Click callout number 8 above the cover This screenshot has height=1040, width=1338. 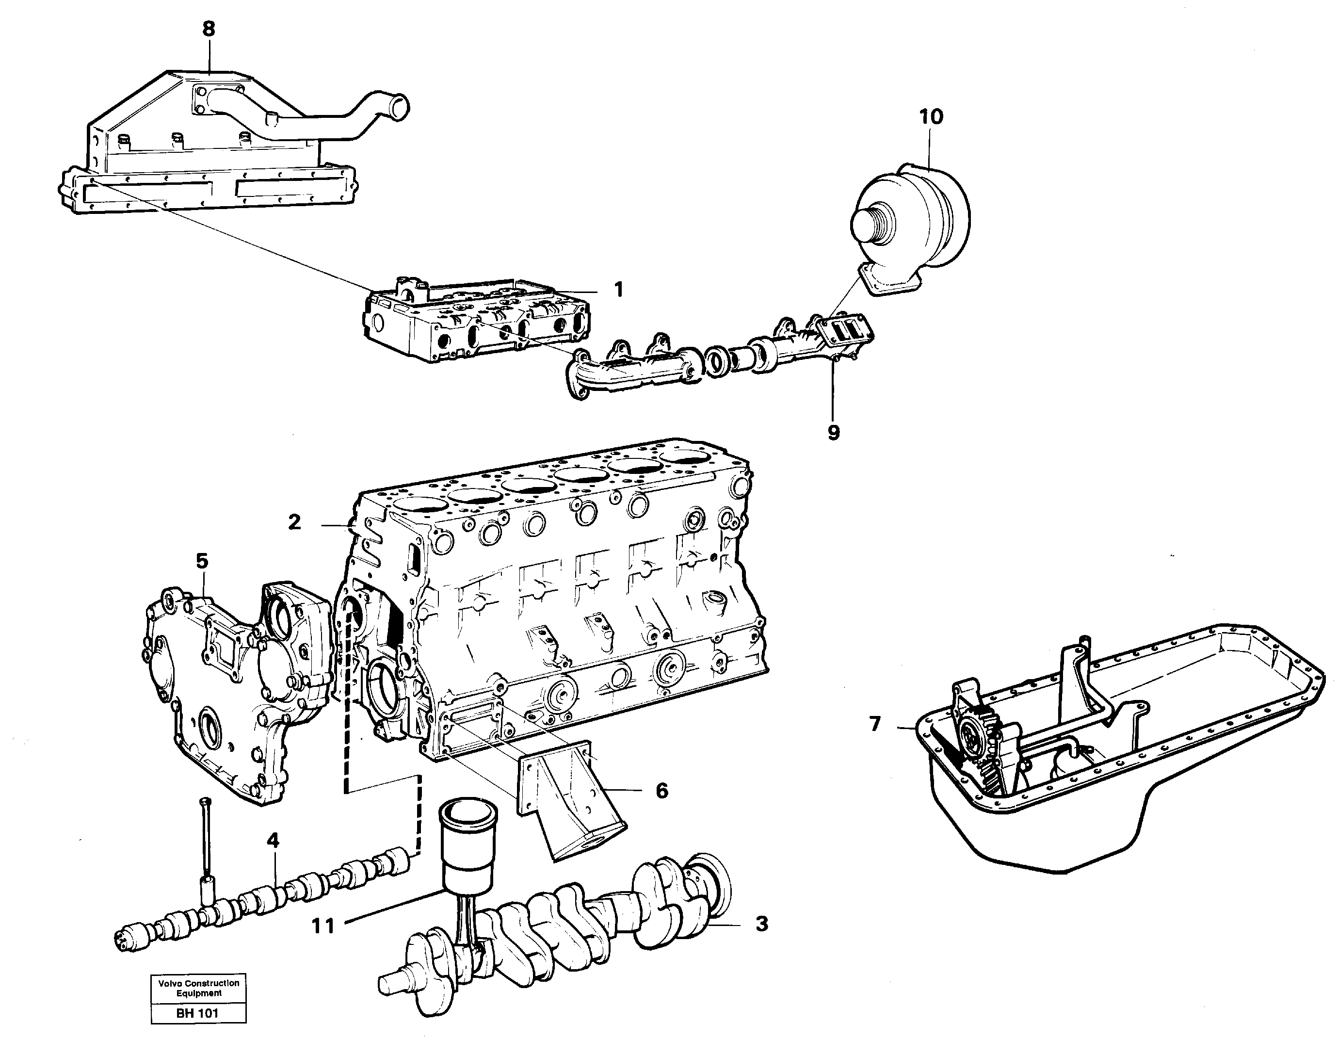point(209,29)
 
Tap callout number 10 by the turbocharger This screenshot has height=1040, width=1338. point(931,116)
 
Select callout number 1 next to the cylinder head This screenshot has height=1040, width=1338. point(618,289)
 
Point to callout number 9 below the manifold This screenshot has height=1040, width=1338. point(833,433)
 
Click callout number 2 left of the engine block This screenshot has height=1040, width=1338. point(295,522)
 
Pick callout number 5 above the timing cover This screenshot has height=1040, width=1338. point(202,561)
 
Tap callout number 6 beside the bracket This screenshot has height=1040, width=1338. point(661,791)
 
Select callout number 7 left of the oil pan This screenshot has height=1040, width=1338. point(875,724)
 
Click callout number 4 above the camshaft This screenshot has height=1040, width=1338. point(273,840)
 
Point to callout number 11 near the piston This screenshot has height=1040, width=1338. point(323,926)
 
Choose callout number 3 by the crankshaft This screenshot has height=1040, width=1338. point(761,924)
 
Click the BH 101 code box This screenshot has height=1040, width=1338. point(197,1013)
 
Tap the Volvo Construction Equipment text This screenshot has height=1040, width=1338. point(198,988)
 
